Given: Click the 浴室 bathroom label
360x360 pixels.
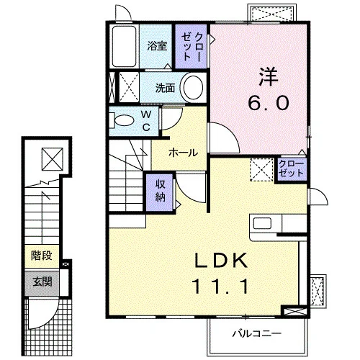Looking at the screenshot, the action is tap(157, 46).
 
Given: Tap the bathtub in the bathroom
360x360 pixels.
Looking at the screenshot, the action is tap(125, 46).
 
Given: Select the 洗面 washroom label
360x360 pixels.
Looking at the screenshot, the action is tap(165, 89).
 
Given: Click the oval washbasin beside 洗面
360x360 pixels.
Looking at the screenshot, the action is tap(193, 87).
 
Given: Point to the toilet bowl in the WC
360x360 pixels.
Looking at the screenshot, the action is tap(125, 120).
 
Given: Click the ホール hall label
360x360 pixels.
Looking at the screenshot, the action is tap(184, 153).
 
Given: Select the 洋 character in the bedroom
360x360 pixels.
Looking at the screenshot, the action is tap(268, 77).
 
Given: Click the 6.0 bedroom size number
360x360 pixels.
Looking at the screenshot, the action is tap(268, 102).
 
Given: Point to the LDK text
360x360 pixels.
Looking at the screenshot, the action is tap(221, 261).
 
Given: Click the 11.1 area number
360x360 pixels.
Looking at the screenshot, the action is tap(221, 286).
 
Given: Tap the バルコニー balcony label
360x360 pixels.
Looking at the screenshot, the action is tap(256, 333).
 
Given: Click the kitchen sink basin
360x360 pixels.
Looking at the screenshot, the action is tap(262, 223).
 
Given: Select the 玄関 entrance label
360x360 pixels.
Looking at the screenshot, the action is tap(42, 282).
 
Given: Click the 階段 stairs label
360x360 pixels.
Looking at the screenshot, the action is tap(42, 256).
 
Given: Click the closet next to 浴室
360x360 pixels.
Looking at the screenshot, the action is tap(191, 46).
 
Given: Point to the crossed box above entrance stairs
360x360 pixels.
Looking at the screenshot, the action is tap(53, 159).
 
